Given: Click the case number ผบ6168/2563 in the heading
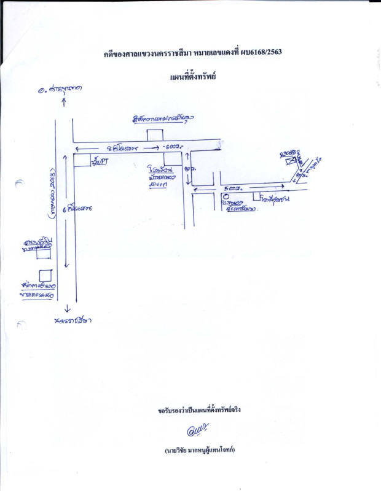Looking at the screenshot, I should coord(264,54).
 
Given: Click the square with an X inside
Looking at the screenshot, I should coord(289,161).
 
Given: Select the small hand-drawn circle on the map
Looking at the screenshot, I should coord(226,198).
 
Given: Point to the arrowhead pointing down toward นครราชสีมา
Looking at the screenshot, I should coord(66,310).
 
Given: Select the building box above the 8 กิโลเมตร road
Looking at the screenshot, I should coord(155,134).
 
